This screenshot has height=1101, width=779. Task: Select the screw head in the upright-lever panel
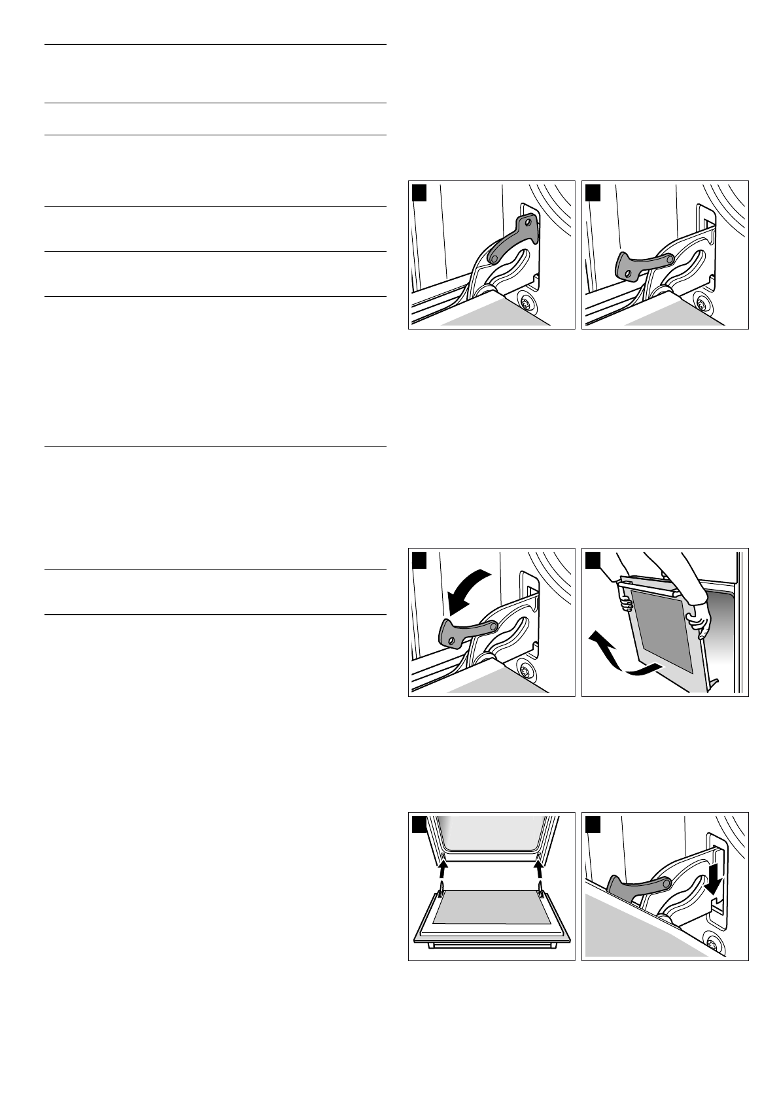(x=525, y=304)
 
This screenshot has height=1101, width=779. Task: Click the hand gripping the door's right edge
(x=698, y=617)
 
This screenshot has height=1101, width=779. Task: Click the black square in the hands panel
(x=593, y=560)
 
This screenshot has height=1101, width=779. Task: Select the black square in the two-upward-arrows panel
(x=420, y=825)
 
